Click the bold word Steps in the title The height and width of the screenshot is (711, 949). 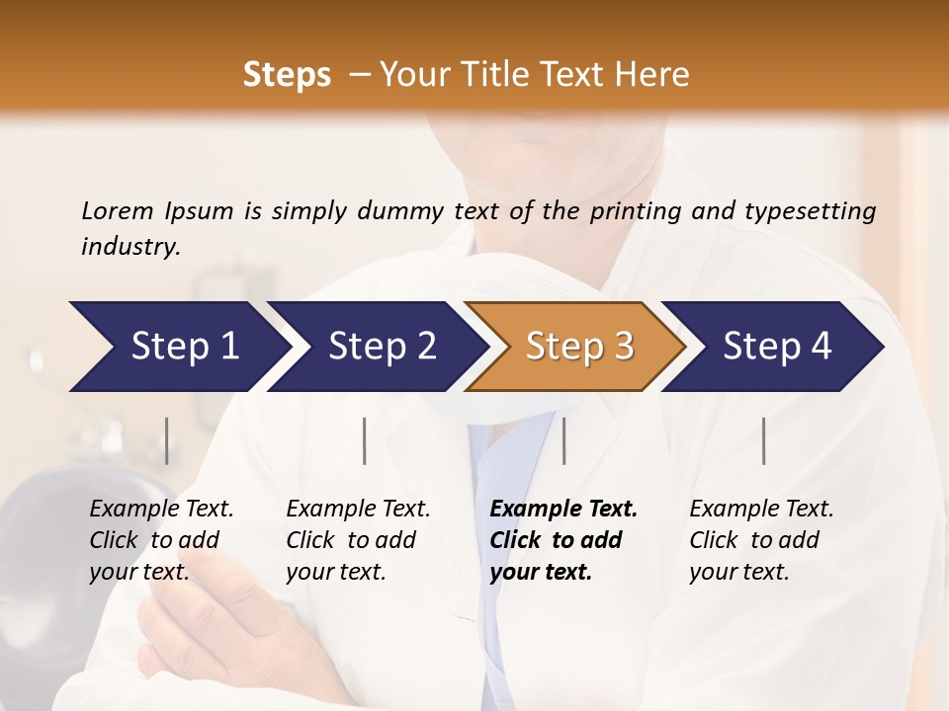(x=287, y=75)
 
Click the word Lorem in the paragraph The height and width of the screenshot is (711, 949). (x=118, y=210)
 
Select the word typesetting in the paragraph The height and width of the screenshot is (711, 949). (x=810, y=210)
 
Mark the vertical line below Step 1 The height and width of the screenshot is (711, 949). (x=167, y=440)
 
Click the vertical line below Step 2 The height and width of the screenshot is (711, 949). (x=365, y=440)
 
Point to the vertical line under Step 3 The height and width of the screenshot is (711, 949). (x=564, y=440)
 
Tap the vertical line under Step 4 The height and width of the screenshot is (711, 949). (x=764, y=440)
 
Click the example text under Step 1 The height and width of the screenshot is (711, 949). (x=161, y=540)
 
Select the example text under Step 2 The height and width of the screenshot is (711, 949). (x=358, y=540)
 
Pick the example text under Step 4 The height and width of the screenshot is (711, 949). (x=761, y=540)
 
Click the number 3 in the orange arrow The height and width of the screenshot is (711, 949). (x=624, y=347)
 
